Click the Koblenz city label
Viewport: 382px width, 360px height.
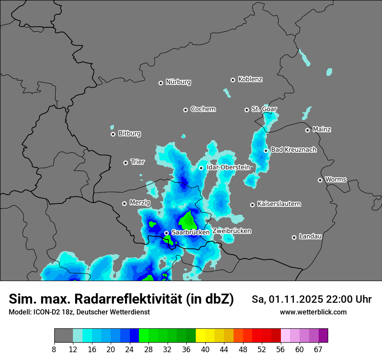pyautogui.click(x=250, y=79)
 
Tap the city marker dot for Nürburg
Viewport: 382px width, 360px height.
pyautogui.click(x=161, y=83)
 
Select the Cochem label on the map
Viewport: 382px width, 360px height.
pyautogui.click(x=203, y=109)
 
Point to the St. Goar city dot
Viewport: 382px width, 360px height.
pyautogui.click(x=247, y=110)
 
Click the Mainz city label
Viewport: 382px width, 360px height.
pyautogui.click(x=322, y=129)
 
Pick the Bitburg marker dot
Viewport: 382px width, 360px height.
pyautogui.click(x=113, y=134)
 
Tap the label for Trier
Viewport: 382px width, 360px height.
pyautogui.click(x=138, y=162)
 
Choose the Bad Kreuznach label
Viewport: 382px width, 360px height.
pyautogui.click(x=293, y=150)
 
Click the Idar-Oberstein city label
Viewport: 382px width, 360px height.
pyautogui.click(x=228, y=167)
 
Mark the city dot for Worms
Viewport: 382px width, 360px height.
pyautogui.click(x=320, y=180)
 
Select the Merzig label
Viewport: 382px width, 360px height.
pyautogui.click(x=140, y=203)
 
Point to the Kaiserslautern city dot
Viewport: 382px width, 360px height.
pyautogui.click(x=252, y=205)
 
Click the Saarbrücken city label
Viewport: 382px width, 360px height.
pyautogui.click(x=190, y=232)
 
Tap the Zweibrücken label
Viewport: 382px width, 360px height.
pyautogui.click(x=231, y=231)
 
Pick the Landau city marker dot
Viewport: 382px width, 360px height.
pyautogui.click(x=294, y=237)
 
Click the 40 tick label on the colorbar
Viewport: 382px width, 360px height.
pyautogui.click(x=205, y=349)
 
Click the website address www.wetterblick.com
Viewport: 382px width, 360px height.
pyautogui.click(x=313, y=312)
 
